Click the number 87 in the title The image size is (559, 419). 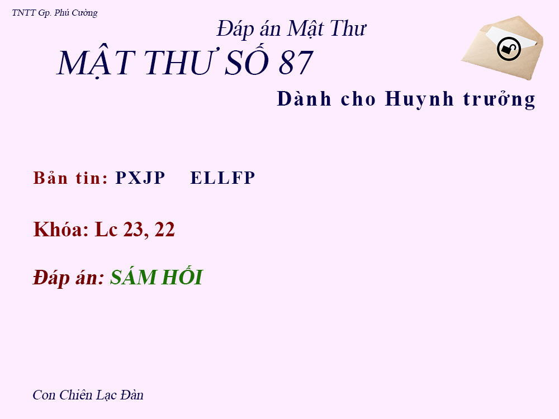tap(295, 63)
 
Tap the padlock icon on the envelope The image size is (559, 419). tap(509, 49)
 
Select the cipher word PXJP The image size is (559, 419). tap(140, 178)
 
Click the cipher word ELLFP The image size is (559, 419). tap(222, 178)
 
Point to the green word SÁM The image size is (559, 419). tap(132, 278)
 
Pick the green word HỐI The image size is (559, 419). tap(182, 277)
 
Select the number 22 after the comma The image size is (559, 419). tap(165, 230)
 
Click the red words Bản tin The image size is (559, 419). tap(70, 178)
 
